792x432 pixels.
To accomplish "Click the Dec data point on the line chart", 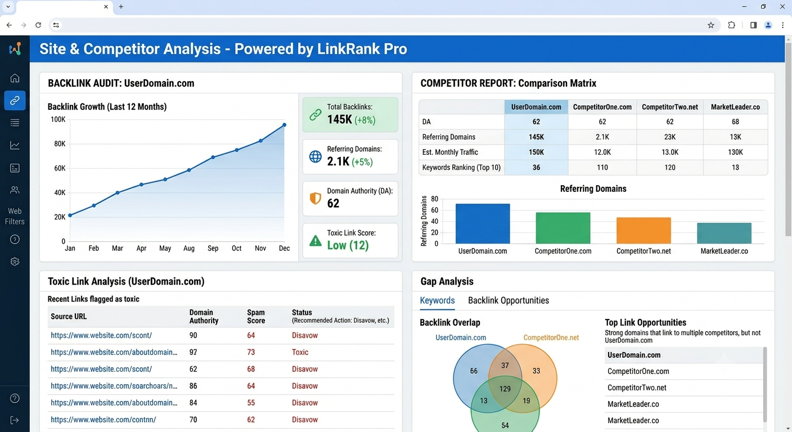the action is tap(284, 125).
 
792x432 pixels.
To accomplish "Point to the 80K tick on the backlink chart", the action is tap(60, 144).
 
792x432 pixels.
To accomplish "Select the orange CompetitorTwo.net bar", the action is tap(643, 231).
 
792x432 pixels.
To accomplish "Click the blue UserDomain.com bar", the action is tap(483, 223).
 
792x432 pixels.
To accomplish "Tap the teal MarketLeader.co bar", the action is tap(724, 233).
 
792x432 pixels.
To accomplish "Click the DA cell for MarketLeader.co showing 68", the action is tap(735, 121).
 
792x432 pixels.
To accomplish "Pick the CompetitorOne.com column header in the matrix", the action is tap(602, 107).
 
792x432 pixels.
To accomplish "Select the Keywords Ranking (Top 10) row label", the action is tap(461, 168).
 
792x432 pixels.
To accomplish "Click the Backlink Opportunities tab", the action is tap(508, 300).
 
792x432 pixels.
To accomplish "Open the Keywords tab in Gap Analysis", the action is tap(438, 300).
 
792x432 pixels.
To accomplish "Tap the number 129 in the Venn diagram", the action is tap(505, 389).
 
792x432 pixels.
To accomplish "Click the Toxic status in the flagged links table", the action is tap(300, 352).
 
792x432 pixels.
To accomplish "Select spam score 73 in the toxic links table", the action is tap(251, 352).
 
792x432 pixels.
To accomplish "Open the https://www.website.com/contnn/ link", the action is tap(103, 420).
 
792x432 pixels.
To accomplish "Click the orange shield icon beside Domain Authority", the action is tap(316, 199).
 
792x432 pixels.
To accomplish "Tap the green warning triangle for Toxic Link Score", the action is tap(316, 241).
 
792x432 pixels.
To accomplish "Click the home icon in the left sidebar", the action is tap(15, 78).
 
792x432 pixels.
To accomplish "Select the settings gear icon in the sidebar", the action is tap(15, 262).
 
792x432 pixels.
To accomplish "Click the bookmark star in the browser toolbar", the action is tap(710, 25).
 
